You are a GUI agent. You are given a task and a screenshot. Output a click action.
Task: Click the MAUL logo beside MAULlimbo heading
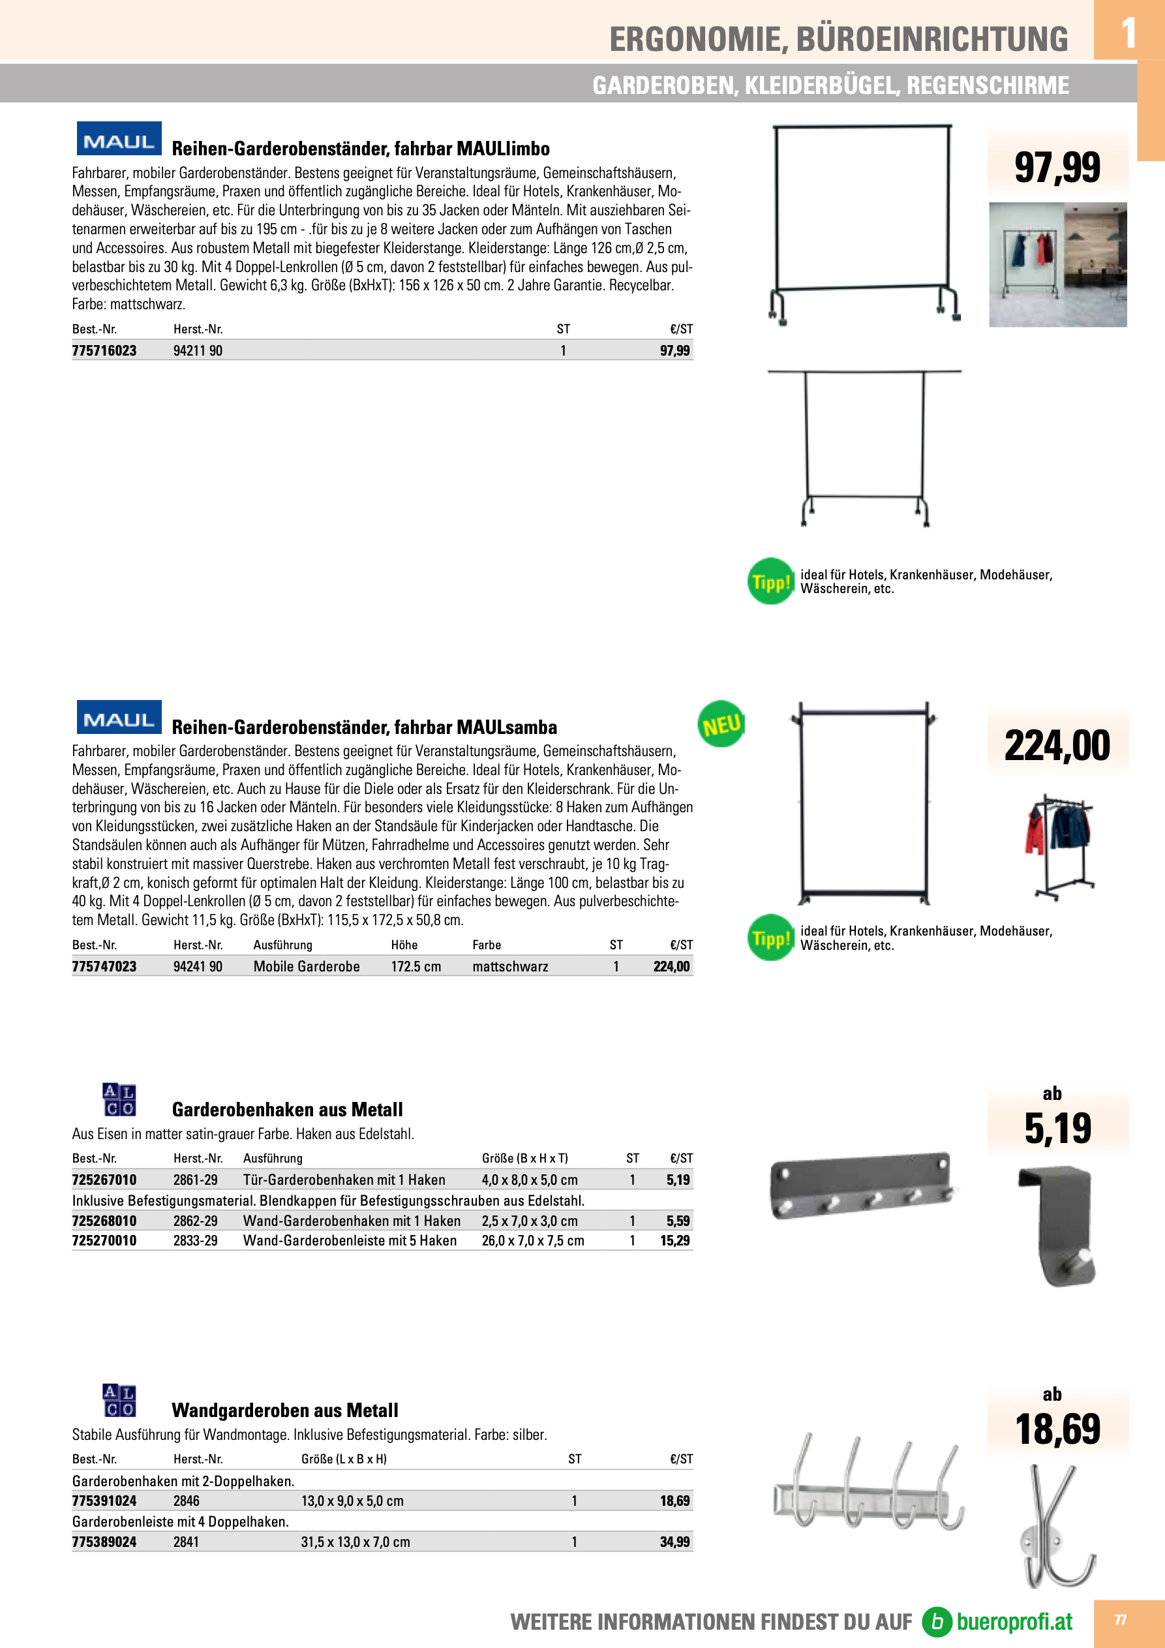coord(119,139)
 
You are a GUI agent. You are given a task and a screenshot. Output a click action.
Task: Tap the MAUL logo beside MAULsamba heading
coord(119,718)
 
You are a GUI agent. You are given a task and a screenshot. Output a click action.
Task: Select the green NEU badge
coord(721,724)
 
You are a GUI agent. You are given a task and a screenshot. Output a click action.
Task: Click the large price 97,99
coord(1057,167)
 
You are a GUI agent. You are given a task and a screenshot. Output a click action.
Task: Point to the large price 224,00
coord(1057,745)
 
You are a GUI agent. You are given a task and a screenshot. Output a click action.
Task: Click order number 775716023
coord(104,350)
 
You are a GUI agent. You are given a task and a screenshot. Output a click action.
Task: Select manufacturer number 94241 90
coord(198,966)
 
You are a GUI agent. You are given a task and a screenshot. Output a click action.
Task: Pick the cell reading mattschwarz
coord(509,966)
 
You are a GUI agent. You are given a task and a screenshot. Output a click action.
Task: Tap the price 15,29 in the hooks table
coord(674,1240)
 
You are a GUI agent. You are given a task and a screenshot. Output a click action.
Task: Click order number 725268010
coord(104,1221)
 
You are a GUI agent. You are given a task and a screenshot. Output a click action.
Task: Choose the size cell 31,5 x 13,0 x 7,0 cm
coord(356,1542)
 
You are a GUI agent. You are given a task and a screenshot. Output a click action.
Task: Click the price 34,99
coord(674,1542)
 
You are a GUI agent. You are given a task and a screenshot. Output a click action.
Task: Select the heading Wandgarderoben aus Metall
coord(284,1411)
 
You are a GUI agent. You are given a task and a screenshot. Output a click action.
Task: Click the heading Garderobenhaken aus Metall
coord(287,1110)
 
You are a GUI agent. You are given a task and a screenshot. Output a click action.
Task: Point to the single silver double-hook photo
coord(1057,1525)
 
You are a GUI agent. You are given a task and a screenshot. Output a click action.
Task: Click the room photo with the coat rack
coord(1057,264)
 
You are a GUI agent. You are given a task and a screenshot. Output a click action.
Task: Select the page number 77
coord(1121,1620)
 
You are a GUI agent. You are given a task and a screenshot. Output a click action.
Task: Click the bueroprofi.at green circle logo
coord(937,1621)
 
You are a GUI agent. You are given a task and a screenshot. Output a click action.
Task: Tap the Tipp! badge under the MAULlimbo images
coord(770,581)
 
